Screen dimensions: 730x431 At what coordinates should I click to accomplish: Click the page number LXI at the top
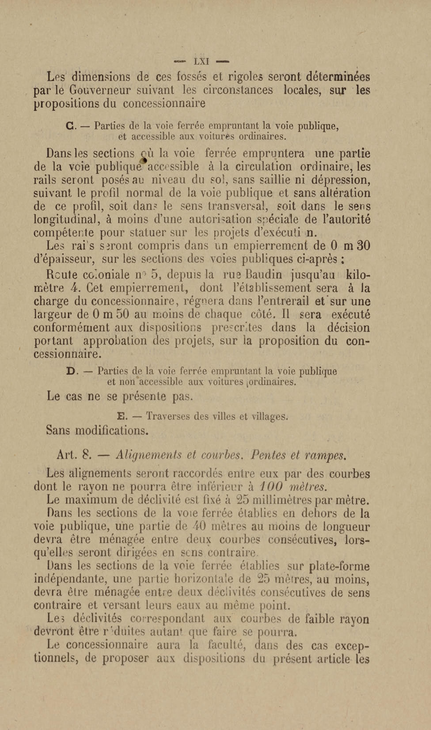click(x=201, y=62)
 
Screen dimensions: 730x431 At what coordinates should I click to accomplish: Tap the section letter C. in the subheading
click(x=70, y=126)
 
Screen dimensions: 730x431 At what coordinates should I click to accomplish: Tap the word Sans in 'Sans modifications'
click(x=58, y=430)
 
